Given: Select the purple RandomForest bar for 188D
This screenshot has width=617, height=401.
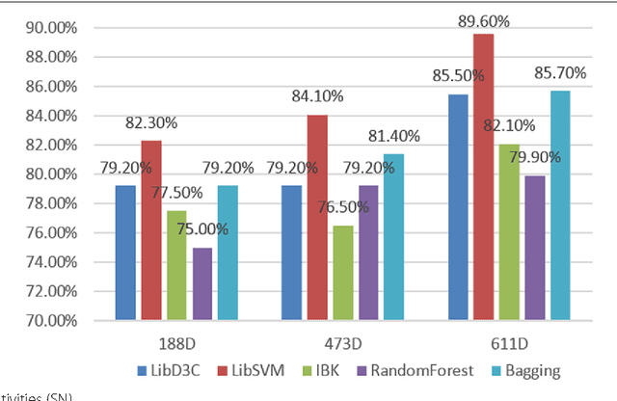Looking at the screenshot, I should [201, 283].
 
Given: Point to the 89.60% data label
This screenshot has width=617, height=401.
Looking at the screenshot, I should [485, 20].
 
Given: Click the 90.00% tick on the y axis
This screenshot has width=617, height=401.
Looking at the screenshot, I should [44, 28].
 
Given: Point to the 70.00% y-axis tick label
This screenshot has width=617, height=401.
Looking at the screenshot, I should [44, 320].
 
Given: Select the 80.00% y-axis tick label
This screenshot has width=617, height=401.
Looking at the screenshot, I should [44, 174].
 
